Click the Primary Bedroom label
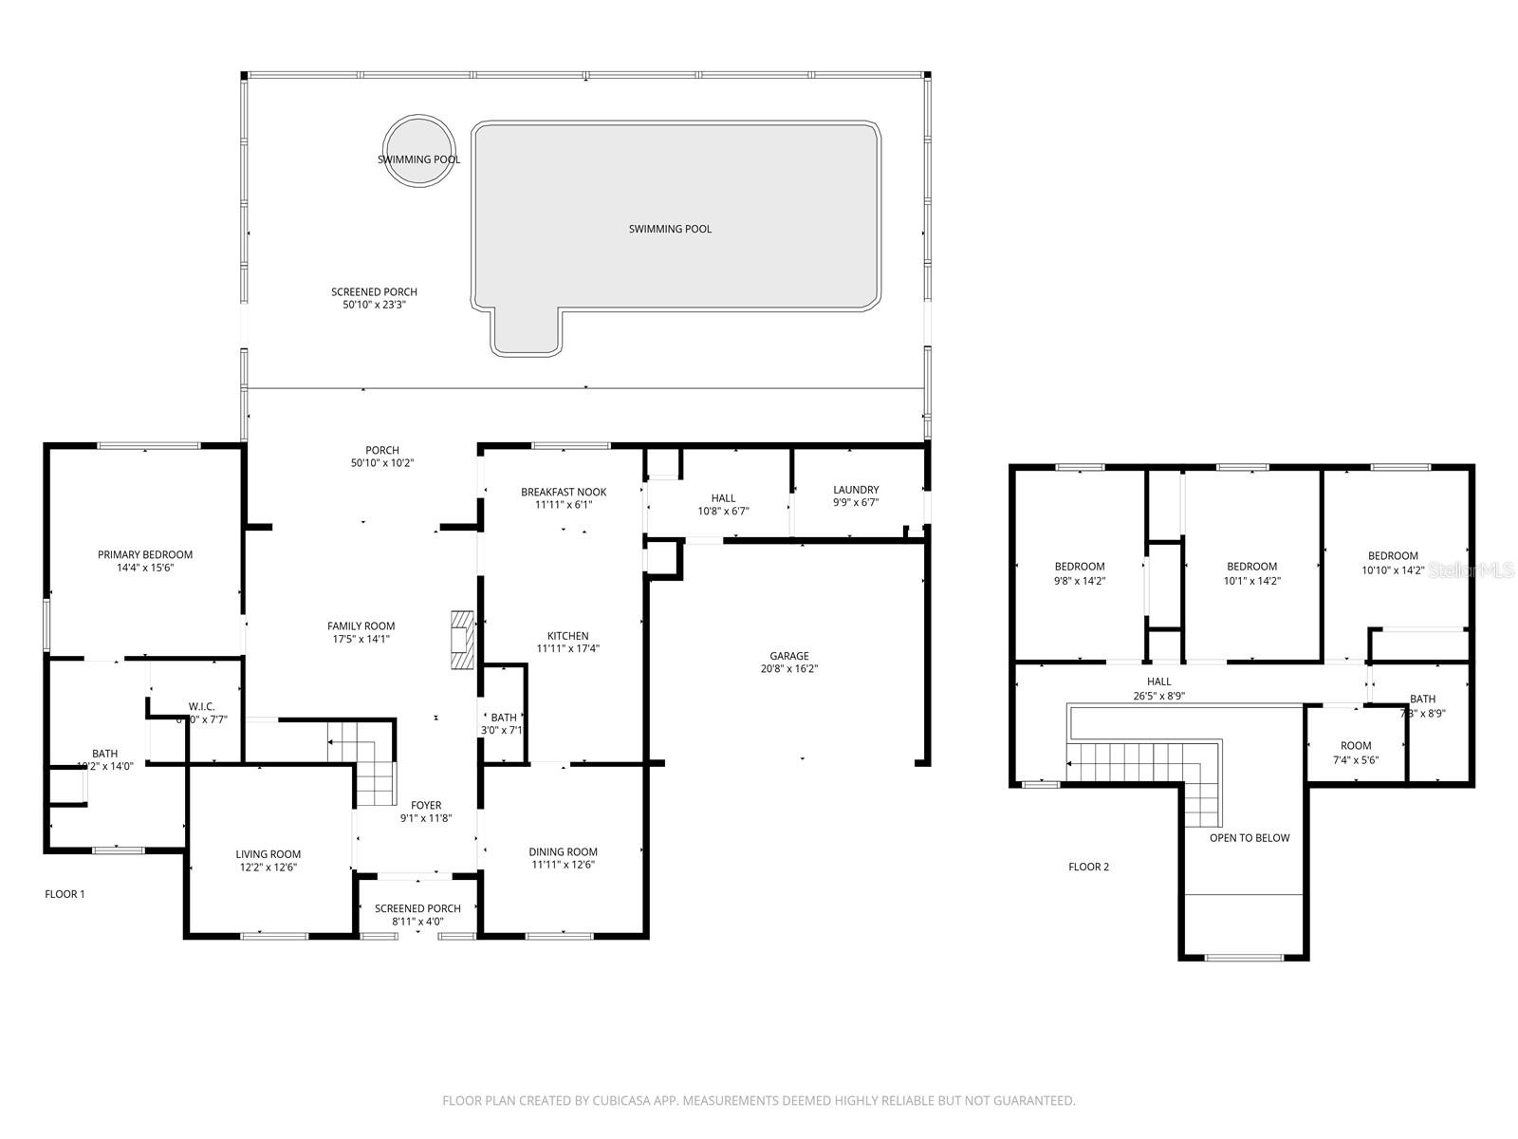coord(145,554)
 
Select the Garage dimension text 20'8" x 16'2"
coord(788,669)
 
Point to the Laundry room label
coord(856,490)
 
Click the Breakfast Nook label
coord(564,492)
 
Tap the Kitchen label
coord(567,636)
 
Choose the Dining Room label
coord(563,851)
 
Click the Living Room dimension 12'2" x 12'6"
coord(268,868)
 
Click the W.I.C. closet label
coord(201,706)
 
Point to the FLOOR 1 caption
coord(65,894)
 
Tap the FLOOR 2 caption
coord(1088,867)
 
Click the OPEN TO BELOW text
coord(1250,838)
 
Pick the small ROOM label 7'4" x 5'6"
coord(1356,746)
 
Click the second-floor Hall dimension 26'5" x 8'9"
coord(1158,695)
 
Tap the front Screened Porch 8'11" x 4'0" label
coord(417,908)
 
